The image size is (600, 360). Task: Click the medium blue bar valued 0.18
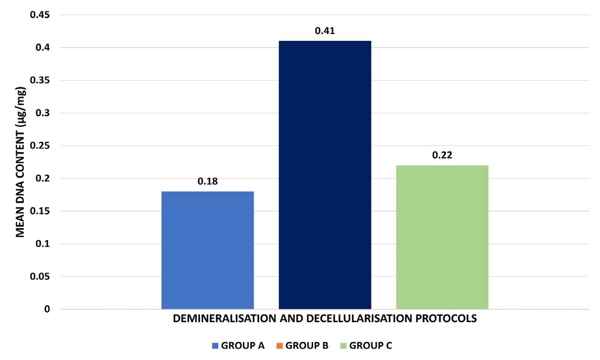(x=207, y=250)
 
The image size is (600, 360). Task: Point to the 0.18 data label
(x=207, y=182)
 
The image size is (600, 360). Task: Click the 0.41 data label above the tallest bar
(x=325, y=31)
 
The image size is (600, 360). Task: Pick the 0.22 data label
(x=442, y=155)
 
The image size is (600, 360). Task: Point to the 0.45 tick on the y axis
(x=40, y=15)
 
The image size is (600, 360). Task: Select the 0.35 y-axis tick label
(x=40, y=81)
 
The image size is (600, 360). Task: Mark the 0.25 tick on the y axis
(x=40, y=146)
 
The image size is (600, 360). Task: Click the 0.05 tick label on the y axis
(x=40, y=277)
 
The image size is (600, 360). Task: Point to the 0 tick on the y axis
(x=47, y=309)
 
